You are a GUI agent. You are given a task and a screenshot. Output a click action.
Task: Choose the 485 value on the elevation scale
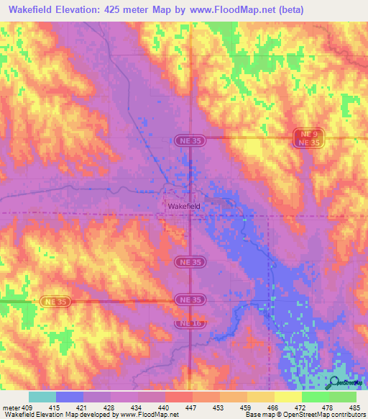click(x=355, y=407)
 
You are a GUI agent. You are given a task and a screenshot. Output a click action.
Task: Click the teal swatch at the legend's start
click(x=42, y=397)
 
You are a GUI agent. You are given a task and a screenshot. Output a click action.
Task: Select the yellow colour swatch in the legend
click(x=287, y=397)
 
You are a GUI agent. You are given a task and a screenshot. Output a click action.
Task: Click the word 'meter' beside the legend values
click(x=11, y=407)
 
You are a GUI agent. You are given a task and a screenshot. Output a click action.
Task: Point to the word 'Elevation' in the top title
click(x=77, y=10)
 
